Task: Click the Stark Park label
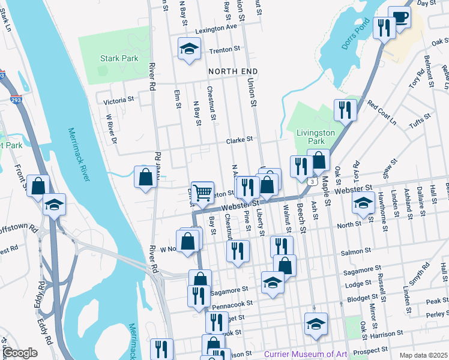[x=119, y=59]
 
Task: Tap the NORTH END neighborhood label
[x=228, y=71]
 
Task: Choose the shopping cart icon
[x=203, y=192]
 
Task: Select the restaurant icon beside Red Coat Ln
[x=345, y=109]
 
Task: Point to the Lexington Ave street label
[x=215, y=28]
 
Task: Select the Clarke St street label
[x=240, y=141]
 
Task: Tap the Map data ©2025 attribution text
[x=423, y=355]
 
